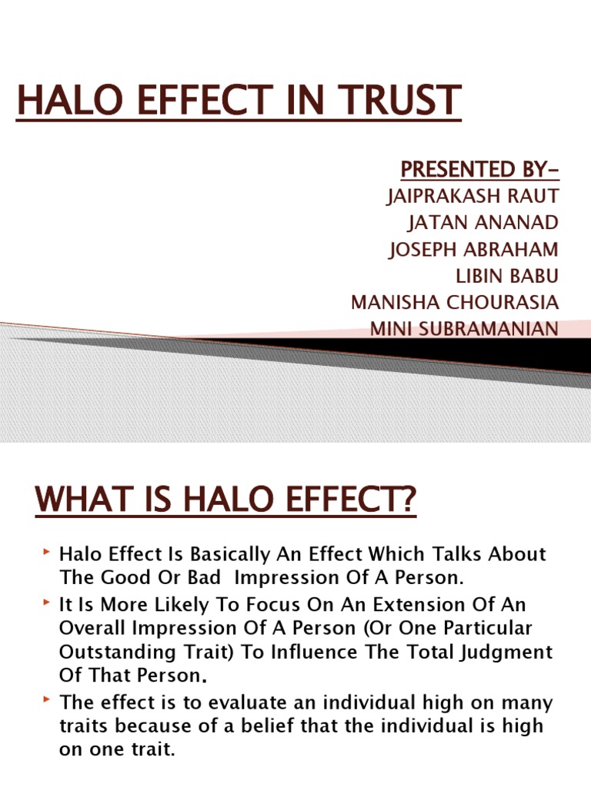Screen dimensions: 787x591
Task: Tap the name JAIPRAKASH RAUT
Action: click(472, 196)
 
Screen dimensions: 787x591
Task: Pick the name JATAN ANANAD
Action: click(482, 222)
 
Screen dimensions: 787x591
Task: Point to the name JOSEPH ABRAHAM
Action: click(474, 249)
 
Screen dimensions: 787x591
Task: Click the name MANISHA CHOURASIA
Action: click(455, 302)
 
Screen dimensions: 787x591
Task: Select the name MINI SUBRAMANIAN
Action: click(465, 329)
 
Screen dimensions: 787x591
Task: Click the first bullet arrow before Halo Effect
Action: click(48, 552)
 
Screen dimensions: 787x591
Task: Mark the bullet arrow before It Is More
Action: click(48, 604)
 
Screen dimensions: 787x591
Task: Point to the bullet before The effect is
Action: click(48, 701)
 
